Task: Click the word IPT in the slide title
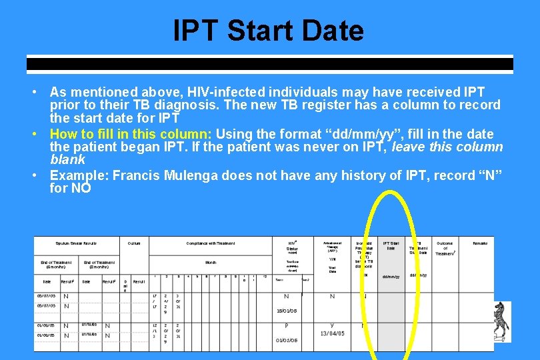pos(196,31)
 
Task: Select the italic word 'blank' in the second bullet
pos(67,160)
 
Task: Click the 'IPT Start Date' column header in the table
pos(391,246)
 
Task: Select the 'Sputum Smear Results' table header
pos(76,243)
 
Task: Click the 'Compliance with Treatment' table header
pos(211,243)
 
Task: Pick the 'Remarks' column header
pos(480,243)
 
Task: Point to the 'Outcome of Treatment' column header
pos(445,248)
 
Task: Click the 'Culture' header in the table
pos(134,243)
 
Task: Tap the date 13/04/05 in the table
pos(333,333)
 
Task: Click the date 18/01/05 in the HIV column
pos(287,310)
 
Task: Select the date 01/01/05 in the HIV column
pos(287,340)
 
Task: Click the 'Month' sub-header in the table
pos(211,263)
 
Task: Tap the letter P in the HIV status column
pos(287,326)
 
